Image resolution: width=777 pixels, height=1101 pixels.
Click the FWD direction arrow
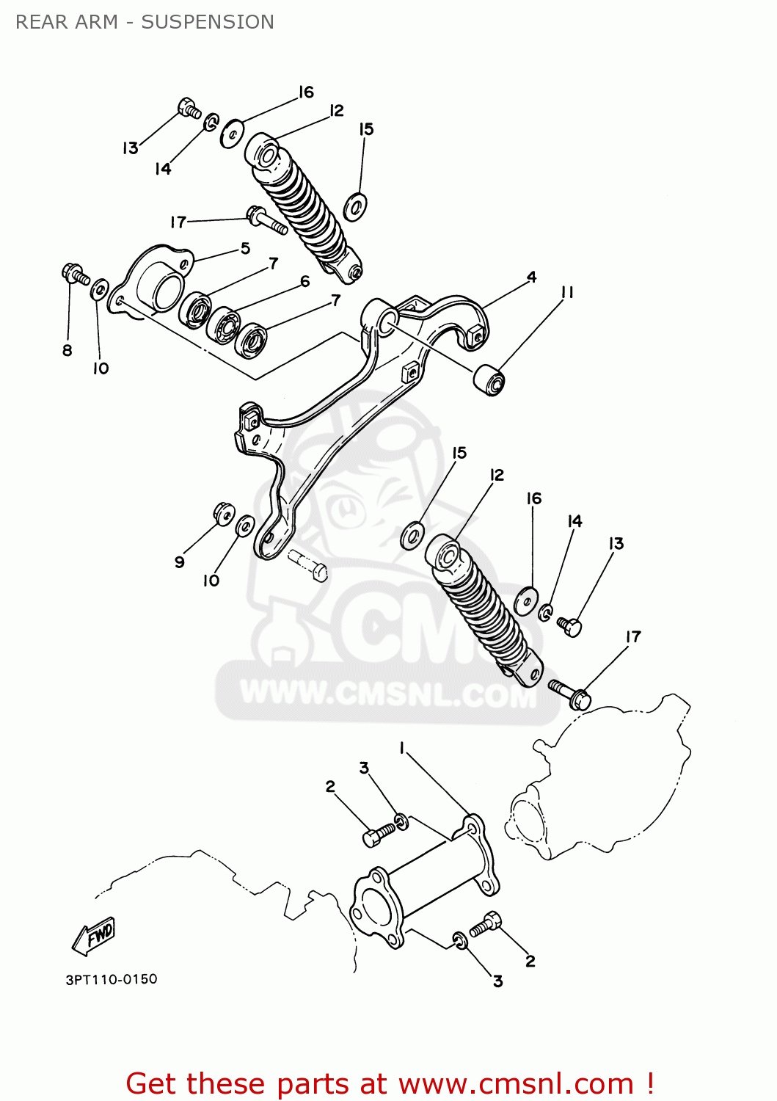click(94, 937)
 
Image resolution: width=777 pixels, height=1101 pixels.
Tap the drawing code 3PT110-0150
click(112, 979)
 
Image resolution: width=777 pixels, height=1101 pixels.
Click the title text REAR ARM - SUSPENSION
click(145, 22)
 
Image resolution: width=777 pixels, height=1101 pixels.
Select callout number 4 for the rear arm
click(531, 277)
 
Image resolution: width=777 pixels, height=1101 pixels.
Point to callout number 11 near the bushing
click(566, 292)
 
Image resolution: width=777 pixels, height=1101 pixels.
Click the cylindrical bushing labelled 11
click(489, 379)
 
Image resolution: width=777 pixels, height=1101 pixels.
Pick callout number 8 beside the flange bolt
click(68, 350)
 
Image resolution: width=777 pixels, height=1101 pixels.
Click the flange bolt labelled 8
click(74, 275)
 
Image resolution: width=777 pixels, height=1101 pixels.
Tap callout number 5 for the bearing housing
click(245, 248)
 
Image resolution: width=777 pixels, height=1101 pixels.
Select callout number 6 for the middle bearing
click(304, 281)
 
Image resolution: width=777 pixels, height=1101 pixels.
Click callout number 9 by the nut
click(179, 562)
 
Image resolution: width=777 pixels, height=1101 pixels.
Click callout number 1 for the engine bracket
click(401, 747)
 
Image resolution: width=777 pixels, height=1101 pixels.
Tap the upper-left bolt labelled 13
click(189, 109)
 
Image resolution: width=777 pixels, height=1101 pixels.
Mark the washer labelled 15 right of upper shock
click(355, 207)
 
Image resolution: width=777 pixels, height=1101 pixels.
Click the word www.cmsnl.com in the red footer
click(516, 1083)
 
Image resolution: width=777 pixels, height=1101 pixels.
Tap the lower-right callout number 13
click(616, 543)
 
